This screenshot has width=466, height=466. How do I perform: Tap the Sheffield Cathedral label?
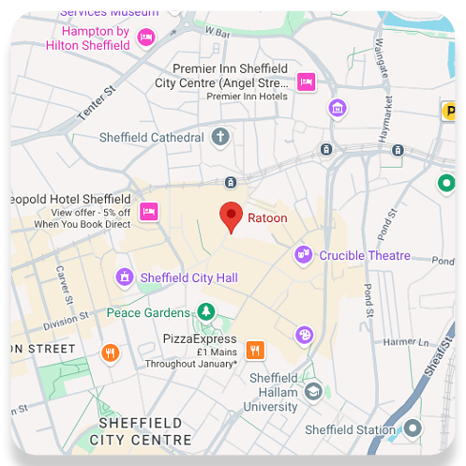tap(152, 138)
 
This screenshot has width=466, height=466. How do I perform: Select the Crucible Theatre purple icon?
tap(303, 254)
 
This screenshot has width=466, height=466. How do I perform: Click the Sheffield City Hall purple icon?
tap(124, 278)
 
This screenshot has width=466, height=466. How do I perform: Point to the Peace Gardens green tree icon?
tap(205, 311)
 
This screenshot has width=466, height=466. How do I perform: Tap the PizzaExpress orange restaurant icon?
tap(254, 351)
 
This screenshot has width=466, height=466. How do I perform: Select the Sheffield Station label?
tap(351, 430)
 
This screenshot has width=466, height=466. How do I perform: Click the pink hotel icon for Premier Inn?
tap(306, 83)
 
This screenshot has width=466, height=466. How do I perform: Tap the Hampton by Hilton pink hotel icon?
tap(146, 37)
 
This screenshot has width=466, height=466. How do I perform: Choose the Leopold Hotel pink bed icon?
tap(148, 211)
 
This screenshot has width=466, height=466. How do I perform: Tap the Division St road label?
tap(66, 323)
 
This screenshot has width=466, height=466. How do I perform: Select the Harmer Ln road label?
tap(405, 341)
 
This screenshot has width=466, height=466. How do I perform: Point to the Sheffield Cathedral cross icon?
tap(220, 138)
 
